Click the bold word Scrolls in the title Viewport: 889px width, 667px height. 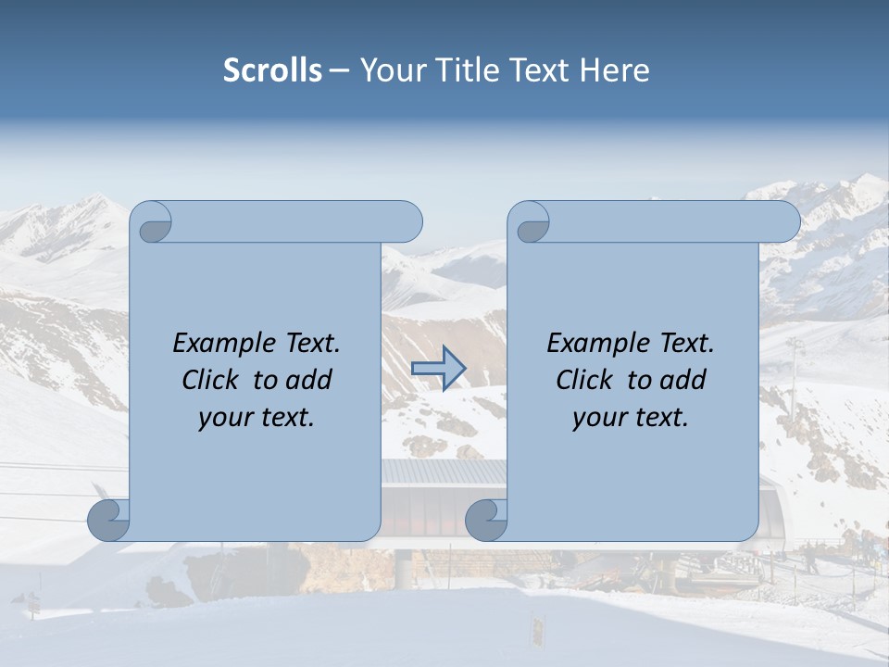click(x=272, y=69)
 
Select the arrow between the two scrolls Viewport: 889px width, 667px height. click(x=438, y=369)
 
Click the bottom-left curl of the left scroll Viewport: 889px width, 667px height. click(x=109, y=521)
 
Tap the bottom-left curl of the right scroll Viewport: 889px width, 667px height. click(x=486, y=521)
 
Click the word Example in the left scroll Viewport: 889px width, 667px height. click(x=219, y=344)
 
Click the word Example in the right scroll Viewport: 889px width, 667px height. click(x=594, y=344)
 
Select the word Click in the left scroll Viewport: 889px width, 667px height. click(x=211, y=380)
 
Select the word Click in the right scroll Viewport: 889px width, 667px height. click(x=584, y=380)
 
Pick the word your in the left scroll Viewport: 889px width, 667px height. click(x=222, y=418)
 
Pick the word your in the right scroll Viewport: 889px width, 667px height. click(x=597, y=418)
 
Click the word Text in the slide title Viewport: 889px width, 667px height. click(x=538, y=69)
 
